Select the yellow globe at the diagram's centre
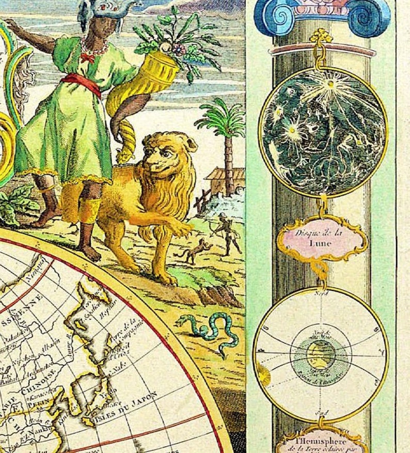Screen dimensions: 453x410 pyautogui.click(x=316, y=356)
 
